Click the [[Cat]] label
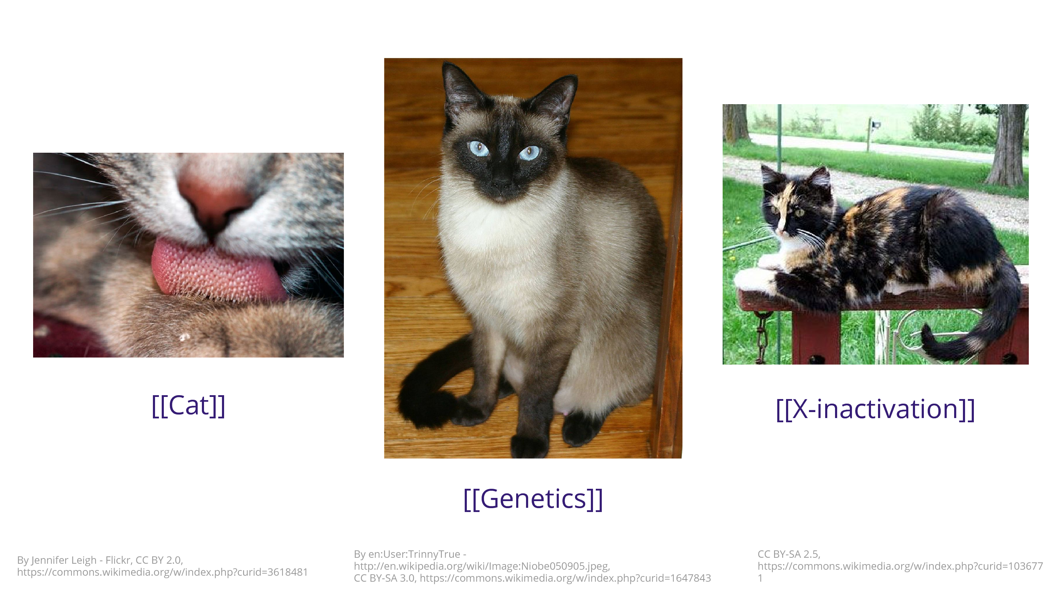188,406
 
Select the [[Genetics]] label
533,499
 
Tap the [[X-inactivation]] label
875,409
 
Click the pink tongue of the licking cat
217,271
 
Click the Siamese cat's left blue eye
478,148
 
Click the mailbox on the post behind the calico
875,124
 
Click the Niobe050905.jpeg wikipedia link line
482,566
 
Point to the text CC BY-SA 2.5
789,554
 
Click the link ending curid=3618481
162,572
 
